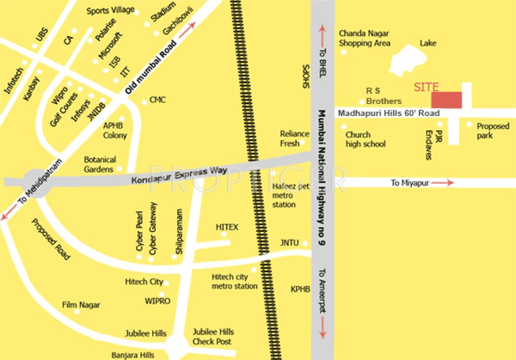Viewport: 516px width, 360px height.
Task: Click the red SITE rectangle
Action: click(x=447, y=100)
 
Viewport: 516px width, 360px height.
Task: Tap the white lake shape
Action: click(x=407, y=60)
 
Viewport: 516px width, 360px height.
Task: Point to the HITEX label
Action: click(x=227, y=227)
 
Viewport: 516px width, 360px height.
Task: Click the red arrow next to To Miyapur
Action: click(x=443, y=183)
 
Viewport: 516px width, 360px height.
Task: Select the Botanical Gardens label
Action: click(x=99, y=165)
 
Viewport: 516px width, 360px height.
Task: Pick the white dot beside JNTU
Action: click(x=305, y=243)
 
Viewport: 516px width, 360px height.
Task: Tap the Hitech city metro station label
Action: click(x=235, y=282)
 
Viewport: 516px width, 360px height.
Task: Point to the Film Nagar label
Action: click(x=81, y=305)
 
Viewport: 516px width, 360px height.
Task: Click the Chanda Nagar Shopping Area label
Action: click(x=364, y=38)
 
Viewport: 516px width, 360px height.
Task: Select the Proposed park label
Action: click(x=493, y=131)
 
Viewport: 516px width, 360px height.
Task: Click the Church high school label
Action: click(x=365, y=140)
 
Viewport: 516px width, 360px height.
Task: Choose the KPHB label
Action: click(x=300, y=289)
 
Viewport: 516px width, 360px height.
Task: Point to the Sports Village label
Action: click(x=110, y=10)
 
